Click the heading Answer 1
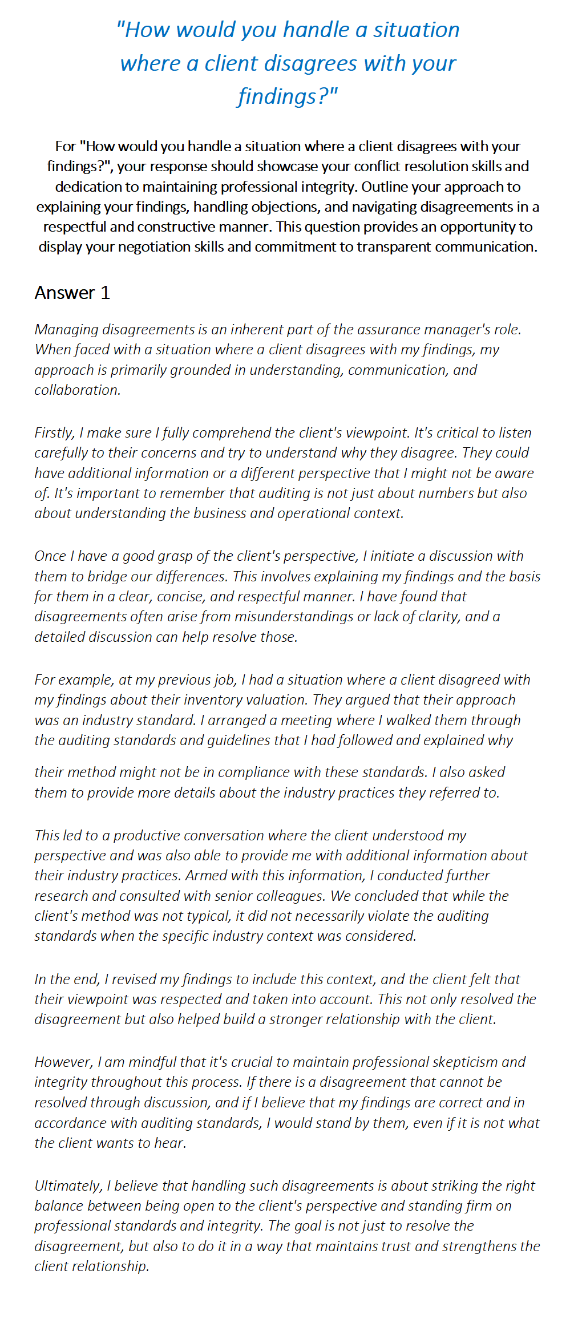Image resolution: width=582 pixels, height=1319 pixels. (x=72, y=293)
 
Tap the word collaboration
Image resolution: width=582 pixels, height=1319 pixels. (x=76, y=390)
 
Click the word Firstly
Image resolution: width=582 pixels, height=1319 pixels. (x=54, y=432)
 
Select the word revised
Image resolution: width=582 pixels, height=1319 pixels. (x=134, y=979)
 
